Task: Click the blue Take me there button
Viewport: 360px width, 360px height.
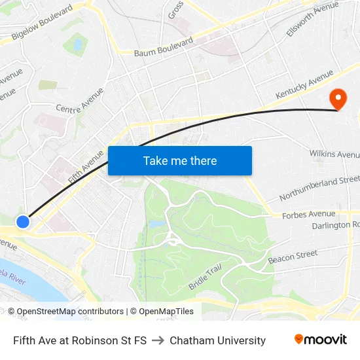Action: [x=180, y=160]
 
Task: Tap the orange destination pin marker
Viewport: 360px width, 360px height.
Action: [x=338, y=100]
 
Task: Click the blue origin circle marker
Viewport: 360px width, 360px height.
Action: [x=23, y=222]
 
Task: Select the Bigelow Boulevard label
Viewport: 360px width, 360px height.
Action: [x=42, y=25]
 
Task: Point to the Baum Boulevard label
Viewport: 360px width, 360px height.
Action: [x=164, y=47]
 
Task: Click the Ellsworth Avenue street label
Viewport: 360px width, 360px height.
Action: [x=312, y=19]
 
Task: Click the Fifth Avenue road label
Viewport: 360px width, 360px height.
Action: [x=85, y=166]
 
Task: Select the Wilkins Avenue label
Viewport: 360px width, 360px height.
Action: [x=334, y=154]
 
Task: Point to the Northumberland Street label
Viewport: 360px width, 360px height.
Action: [x=319, y=189]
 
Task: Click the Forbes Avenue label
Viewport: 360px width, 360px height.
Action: [x=308, y=214]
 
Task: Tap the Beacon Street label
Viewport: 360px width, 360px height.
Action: [x=293, y=257]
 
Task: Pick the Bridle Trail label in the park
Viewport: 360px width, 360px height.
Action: [x=205, y=277]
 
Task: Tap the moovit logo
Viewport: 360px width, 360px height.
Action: [x=320, y=340]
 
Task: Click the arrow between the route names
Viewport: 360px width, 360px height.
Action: [x=158, y=340]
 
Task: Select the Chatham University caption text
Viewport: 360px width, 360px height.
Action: [x=217, y=340]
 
